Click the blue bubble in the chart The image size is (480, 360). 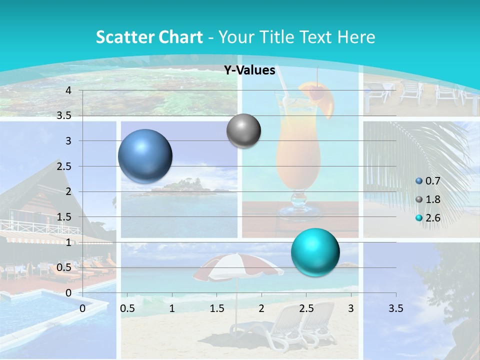click(145, 156)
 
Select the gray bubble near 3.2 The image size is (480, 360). click(243, 131)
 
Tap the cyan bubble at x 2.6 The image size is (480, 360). click(315, 252)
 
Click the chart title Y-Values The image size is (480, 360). click(249, 70)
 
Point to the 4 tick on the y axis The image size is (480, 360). click(68, 90)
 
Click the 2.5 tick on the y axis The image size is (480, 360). click(64, 166)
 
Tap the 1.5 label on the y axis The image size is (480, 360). click(64, 216)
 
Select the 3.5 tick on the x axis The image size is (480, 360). click(395, 308)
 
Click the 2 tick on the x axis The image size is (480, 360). click(261, 308)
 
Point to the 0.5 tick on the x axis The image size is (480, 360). click(127, 308)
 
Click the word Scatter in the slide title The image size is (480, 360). click(125, 37)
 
